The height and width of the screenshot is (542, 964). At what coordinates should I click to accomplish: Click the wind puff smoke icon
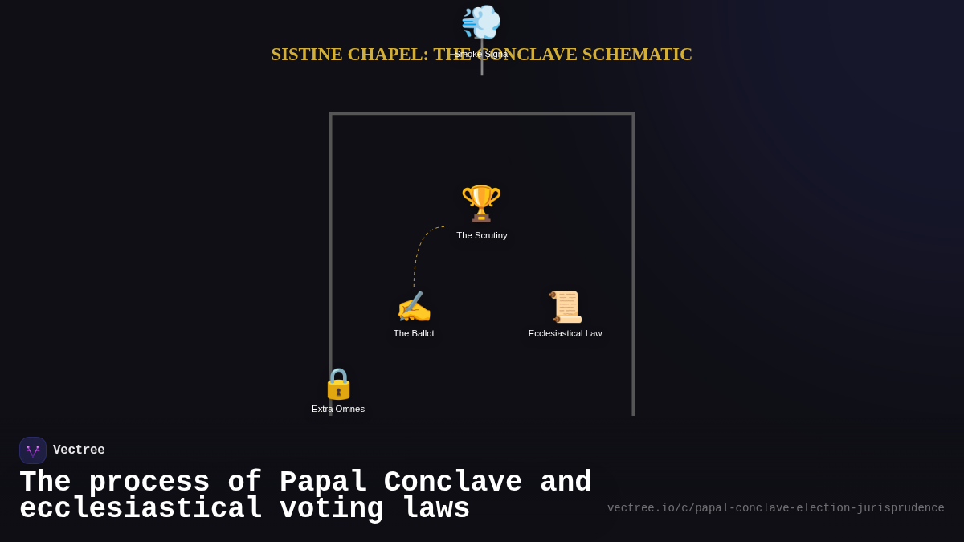point(481,22)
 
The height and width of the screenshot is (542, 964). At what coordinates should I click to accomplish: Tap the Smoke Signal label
point(482,54)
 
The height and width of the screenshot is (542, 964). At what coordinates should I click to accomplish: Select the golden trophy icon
point(481,203)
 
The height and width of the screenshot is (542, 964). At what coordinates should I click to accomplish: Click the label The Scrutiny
point(482,235)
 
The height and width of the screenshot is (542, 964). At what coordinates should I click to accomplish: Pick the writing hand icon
point(414,308)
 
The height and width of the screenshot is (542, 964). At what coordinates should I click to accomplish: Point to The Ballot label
point(414,333)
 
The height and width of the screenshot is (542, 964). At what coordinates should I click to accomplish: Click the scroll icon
point(566,307)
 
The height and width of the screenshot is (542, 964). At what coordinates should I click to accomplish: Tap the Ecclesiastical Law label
point(565,333)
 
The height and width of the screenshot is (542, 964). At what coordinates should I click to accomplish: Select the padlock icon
point(338,383)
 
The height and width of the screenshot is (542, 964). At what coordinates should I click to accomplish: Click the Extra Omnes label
point(338,409)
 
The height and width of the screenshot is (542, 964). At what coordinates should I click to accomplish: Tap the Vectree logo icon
point(33,450)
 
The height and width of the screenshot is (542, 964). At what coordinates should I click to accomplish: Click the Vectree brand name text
point(79,450)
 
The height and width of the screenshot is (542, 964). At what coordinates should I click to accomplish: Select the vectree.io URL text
point(775,508)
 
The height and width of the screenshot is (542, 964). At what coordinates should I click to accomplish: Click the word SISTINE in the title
point(307,55)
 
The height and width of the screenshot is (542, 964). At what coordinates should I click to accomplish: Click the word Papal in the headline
point(323,483)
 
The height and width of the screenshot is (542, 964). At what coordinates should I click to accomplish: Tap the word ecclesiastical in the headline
point(141,509)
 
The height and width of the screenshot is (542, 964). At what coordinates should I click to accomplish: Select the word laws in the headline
point(436,509)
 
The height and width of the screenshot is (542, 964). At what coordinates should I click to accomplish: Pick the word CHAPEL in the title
point(388,55)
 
